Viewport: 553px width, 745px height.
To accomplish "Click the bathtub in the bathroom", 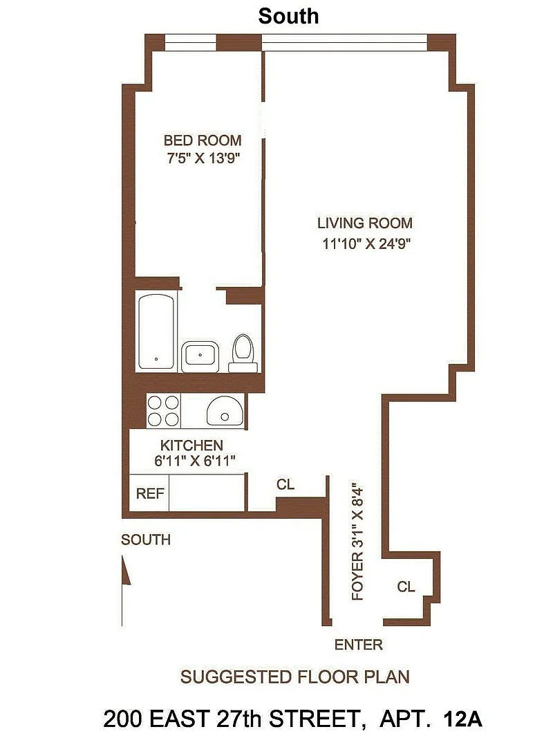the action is pyautogui.click(x=156, y=331).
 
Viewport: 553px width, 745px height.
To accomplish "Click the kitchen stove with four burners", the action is pyautogui.click(x=163, y=411).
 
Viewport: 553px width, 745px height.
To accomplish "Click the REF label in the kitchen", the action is pyautogui.click(x=149, y=494).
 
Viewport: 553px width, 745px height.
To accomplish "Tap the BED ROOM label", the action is pyautogui.click(x=203, y=140).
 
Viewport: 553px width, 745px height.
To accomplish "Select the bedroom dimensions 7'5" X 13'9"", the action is pyautogui.click(x=203, y=158).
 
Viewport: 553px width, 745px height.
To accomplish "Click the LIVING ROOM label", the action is pyautogui.click(x=364, y=223).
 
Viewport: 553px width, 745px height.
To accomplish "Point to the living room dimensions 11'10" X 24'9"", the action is pyautogui.click(x=366, y=243).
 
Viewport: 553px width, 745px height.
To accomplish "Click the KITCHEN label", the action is pyautogui.click(x=191, y=445).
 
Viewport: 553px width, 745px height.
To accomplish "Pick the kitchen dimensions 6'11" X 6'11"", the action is pyautogui.click(x=195, y=461).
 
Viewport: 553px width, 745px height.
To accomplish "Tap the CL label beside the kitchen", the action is pyautogui.click(x=285, y=484).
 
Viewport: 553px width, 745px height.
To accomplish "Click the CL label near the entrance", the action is pyautogui.click(x=406, y=587).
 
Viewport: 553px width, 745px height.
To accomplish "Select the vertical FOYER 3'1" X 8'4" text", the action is pyautogui.click(x=357, y=544).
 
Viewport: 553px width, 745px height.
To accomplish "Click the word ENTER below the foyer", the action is pyautogui.click(x=358, y=645).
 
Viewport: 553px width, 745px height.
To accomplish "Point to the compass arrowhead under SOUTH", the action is pyautogui.click(x=126, y=570).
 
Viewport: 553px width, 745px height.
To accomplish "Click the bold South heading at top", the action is pyautogui.click(x=288, y=16).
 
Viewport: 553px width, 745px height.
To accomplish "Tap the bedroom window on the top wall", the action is pyautogui.click(x=191, y=42).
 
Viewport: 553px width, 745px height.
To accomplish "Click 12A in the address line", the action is pyautogui.click(x=462, y=719).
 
